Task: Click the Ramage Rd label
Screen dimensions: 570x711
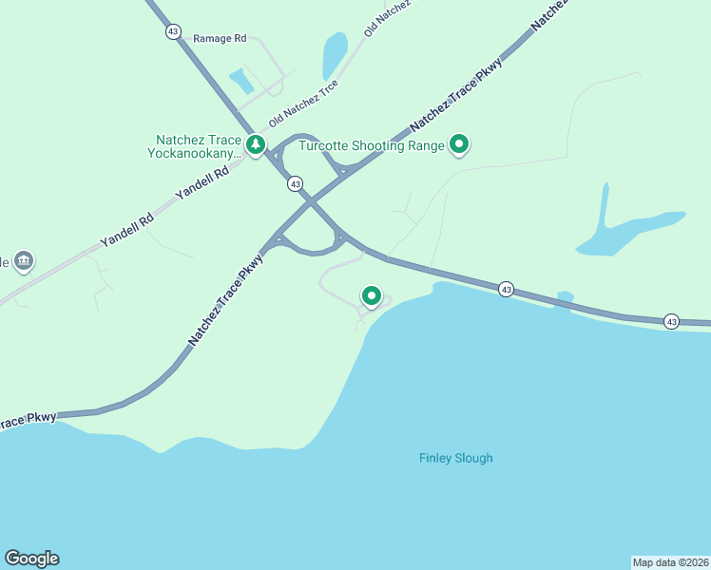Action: pyautogui.click(x=220, y=38)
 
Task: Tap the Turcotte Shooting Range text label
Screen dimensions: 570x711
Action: pyautogui.click(x=372, y=145)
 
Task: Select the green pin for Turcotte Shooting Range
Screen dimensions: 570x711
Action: pyautogui.click(x=460, y=144)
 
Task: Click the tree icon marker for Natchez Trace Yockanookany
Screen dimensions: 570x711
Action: pyautogui.click(x=255, y=144)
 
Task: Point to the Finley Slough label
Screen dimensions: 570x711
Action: pyautogui.click(x=456, y=458)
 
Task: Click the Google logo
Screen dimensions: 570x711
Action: pyautogui.click(x=31, y=559)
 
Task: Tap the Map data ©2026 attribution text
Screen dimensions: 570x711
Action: pyautogui.click(x=670, y=561)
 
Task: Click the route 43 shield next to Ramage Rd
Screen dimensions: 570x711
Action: pyautogui.click(x=172, y=31)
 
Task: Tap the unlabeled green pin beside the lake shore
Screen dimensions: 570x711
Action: pyautogui.click(x=372, y=296)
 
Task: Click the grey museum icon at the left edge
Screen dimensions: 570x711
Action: pyautogui.click(x=24, y=259)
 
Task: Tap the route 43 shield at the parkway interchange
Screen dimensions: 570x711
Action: pyautogui.click(x=296, y=182)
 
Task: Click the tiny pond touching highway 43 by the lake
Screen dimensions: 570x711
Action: pyautogui.click(x=565, y=298)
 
